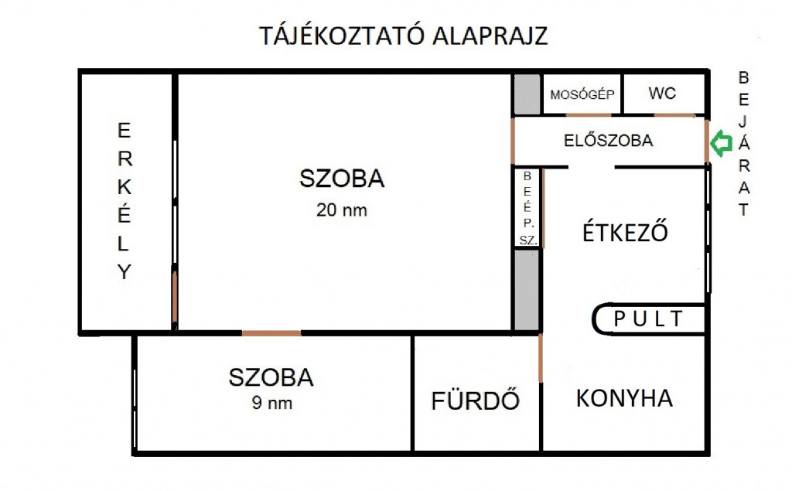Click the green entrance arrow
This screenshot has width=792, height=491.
tap(722, 144)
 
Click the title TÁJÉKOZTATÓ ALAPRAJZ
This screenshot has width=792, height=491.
tap(404, 36)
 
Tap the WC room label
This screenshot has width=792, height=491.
tap(662, 93)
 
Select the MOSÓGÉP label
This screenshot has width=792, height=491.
tap(582, 94)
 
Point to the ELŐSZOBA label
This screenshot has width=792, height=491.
tap(609, 141)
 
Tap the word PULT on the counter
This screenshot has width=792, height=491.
tap(649, 319)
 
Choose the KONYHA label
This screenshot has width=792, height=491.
tap(625, 398)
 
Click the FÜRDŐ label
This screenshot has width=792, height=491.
tap(476, 400)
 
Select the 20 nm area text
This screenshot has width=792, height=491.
tap(342, 210)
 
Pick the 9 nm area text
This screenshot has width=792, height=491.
tap(272, 403)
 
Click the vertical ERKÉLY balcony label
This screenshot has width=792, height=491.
tap(125, 201)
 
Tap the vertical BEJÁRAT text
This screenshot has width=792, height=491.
tap(743, 144)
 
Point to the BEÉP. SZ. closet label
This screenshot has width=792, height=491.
tap(527, 208)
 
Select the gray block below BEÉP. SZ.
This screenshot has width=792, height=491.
tap(527, 290)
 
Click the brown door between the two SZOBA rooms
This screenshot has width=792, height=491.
tap(271, 333)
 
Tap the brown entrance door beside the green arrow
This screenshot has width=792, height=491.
tap(707, 142)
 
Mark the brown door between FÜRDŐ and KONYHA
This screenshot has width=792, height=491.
tap(541, 358)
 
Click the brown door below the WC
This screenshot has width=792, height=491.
tap(674, 116)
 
